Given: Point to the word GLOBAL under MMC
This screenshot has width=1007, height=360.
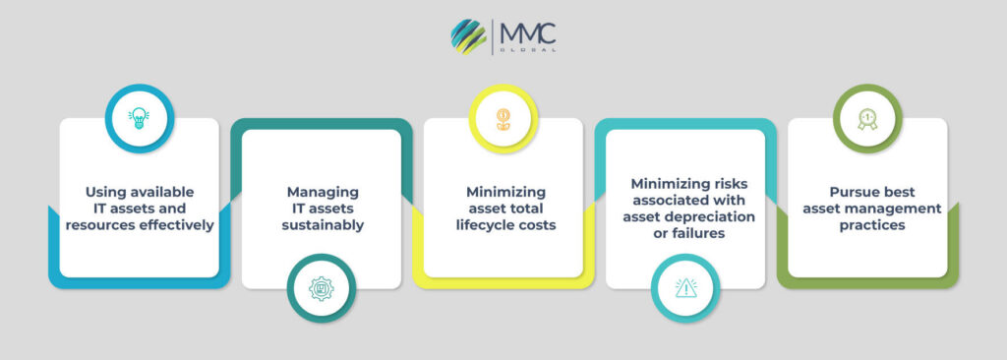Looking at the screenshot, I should coord(528,51).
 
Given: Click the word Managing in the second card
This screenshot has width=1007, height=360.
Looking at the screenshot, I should coord(322,191).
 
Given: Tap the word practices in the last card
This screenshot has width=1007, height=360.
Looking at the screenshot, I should coord(866,225).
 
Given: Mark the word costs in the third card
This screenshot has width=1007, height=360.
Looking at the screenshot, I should coord(536,225).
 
